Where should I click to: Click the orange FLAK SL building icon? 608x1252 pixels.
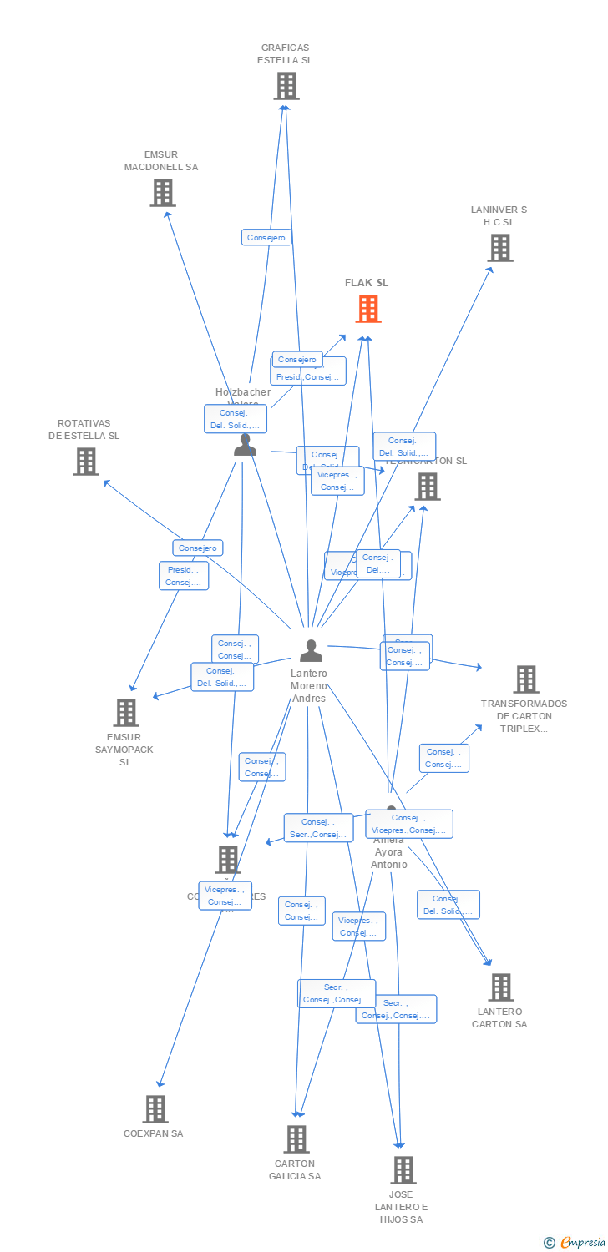coord(367,310)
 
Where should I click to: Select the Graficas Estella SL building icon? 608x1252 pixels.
coord(286,86)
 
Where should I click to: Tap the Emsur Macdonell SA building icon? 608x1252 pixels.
coord(162,193)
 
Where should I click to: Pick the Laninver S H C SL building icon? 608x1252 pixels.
coord(499,248)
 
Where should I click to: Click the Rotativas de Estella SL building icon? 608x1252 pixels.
coord(85,462)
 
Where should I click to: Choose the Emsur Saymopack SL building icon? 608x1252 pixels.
coord(126,713)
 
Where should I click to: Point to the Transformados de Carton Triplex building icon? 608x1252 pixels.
coord(525,679)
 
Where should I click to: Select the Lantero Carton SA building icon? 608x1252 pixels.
coord(500,987)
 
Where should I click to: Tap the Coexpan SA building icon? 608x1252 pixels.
coord(155,1109)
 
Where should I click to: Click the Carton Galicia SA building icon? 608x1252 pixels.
coord(296,1139)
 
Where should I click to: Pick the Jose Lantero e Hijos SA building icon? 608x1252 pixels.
coord(403,1170)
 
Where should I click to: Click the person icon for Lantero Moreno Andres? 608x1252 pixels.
coord(311,650)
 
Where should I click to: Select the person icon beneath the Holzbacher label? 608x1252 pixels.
coord(245,445)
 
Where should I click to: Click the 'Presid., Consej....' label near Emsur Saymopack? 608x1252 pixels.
coord(184,576)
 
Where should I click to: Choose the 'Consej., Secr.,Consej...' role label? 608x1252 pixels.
coord(318,828)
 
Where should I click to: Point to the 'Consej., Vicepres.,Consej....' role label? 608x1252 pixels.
coord(409,824)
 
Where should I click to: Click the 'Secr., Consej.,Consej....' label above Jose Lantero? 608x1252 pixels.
coord(396,1009)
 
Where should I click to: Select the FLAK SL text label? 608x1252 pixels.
coord(367,283)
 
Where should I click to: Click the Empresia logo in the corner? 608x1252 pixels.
coord(575,1243)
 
